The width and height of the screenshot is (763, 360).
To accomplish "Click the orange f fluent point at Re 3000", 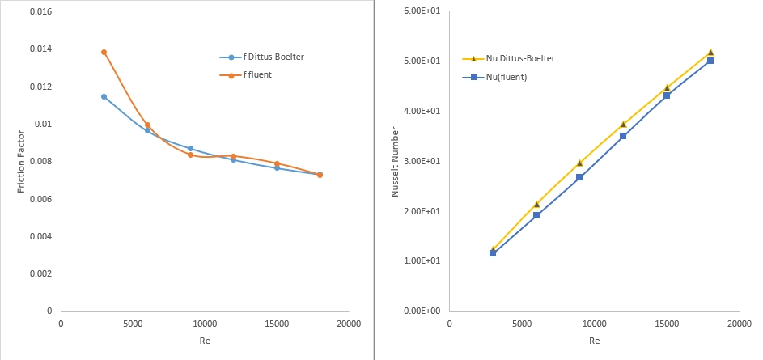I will coord(104,52).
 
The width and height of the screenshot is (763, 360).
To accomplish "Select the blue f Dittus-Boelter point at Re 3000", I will coord(104,96).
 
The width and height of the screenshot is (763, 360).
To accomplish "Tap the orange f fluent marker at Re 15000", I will coord(277,163).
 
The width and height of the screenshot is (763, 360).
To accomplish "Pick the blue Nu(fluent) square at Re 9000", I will coord(579,177).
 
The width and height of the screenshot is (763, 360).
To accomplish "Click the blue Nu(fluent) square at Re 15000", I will coord(667,95).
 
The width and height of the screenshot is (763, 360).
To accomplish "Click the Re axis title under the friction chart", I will coord(205,341).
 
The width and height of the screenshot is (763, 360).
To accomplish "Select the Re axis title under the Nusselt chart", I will coord(594,341).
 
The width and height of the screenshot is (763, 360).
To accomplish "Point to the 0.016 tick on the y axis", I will coord(40,12).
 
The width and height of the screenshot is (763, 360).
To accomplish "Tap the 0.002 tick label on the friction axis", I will coord(40,273).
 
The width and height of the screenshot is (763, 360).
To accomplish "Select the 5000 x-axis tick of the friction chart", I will coord(133,324).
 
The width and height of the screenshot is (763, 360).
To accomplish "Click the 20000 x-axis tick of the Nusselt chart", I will coord(738,324).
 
